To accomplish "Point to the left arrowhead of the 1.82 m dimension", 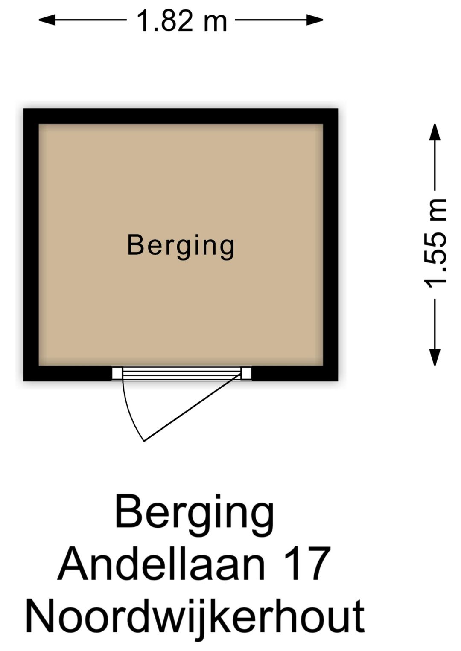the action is [x=47, y=20].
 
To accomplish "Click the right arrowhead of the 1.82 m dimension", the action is [x=315, y=20].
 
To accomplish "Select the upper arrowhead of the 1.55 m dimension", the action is [x=435, y=133].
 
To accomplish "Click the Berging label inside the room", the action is [x=181, y=247].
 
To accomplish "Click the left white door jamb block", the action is [x=117, y=373].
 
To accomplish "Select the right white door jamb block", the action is [x=246, y=373].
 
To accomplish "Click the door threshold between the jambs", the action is [x=182, y=373].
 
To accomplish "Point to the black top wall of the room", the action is [x=181, y=116].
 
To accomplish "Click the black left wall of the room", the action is [x=31, y=245].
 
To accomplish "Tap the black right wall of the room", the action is [x=331, y=245].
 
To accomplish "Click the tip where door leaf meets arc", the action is [x=144, y=441].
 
